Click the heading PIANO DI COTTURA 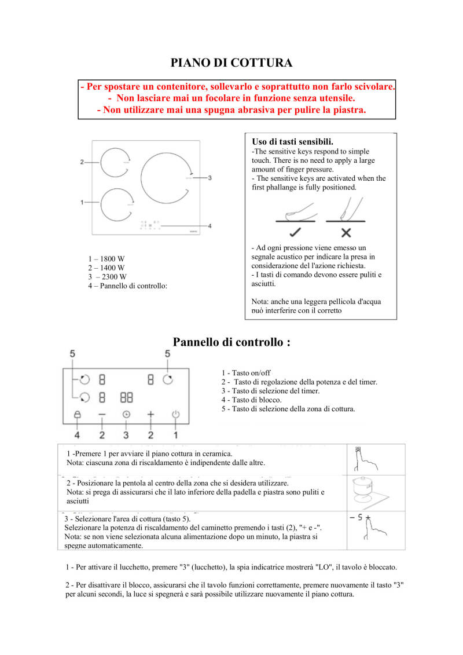tap(231, 63)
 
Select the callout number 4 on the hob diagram tap(210, 225)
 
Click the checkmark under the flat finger tap(295, 233)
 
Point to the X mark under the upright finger tap(346, 233)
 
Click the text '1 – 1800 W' tap(106, 259)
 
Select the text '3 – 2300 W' tap(107, 277)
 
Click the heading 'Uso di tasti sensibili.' tap(292, 141)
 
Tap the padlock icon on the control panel tap(77, 415)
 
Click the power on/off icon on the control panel tap(176, 415)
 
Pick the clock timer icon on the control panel tap(126, 415)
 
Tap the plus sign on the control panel tap(151, 415)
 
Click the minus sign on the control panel tap(102, 415)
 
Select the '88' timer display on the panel tap(127, 398)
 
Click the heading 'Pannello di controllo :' tap(231, 342)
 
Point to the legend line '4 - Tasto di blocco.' tap(251, 400)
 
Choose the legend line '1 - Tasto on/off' tap(245, 373)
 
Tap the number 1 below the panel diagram tap(175, 434)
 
